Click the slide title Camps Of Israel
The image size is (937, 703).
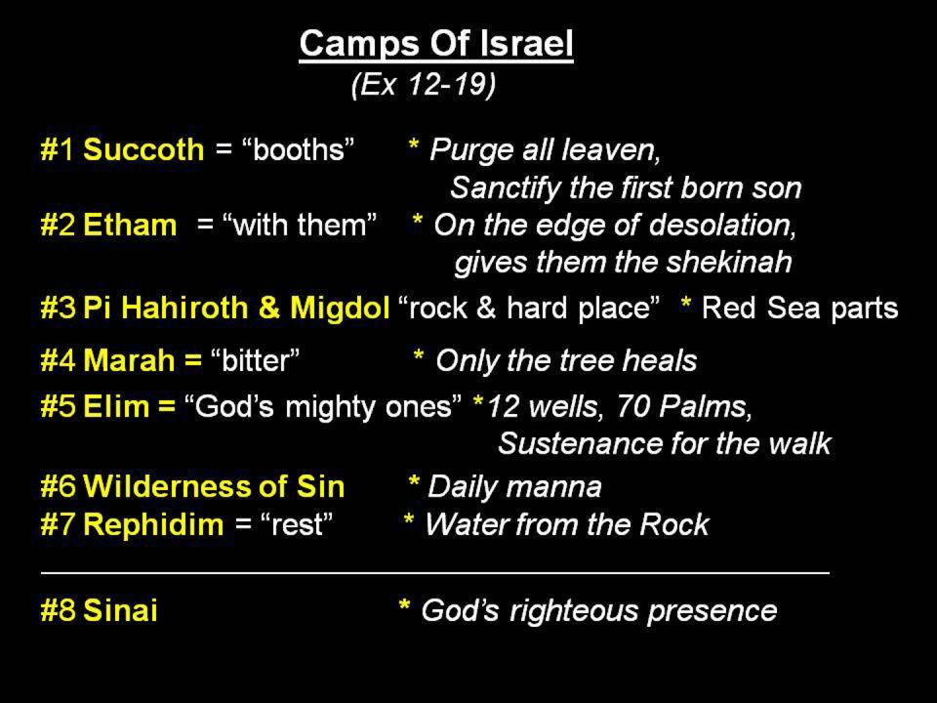coord(436,44)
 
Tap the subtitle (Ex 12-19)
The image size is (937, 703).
coord(424,84)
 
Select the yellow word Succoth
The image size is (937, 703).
coord(143,149)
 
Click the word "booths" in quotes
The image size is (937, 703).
coord(299,148)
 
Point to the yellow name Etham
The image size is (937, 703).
coord(130,226)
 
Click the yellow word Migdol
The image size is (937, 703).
coord(340,308)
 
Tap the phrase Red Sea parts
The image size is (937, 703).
coord(799,309)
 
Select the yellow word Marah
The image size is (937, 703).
coord(129,360)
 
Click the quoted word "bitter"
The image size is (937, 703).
coord(255,360)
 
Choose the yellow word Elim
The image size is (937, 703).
coord(116,406)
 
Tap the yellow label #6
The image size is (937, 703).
coord(58,486)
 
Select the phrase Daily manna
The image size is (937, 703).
coord(514,486)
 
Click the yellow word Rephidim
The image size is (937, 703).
coord(153,524)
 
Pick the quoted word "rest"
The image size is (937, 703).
coord(297,524)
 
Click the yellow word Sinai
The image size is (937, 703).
coord(120,610)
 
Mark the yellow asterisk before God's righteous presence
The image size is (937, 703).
coord(404,606)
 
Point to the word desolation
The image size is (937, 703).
coord(722,226)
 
